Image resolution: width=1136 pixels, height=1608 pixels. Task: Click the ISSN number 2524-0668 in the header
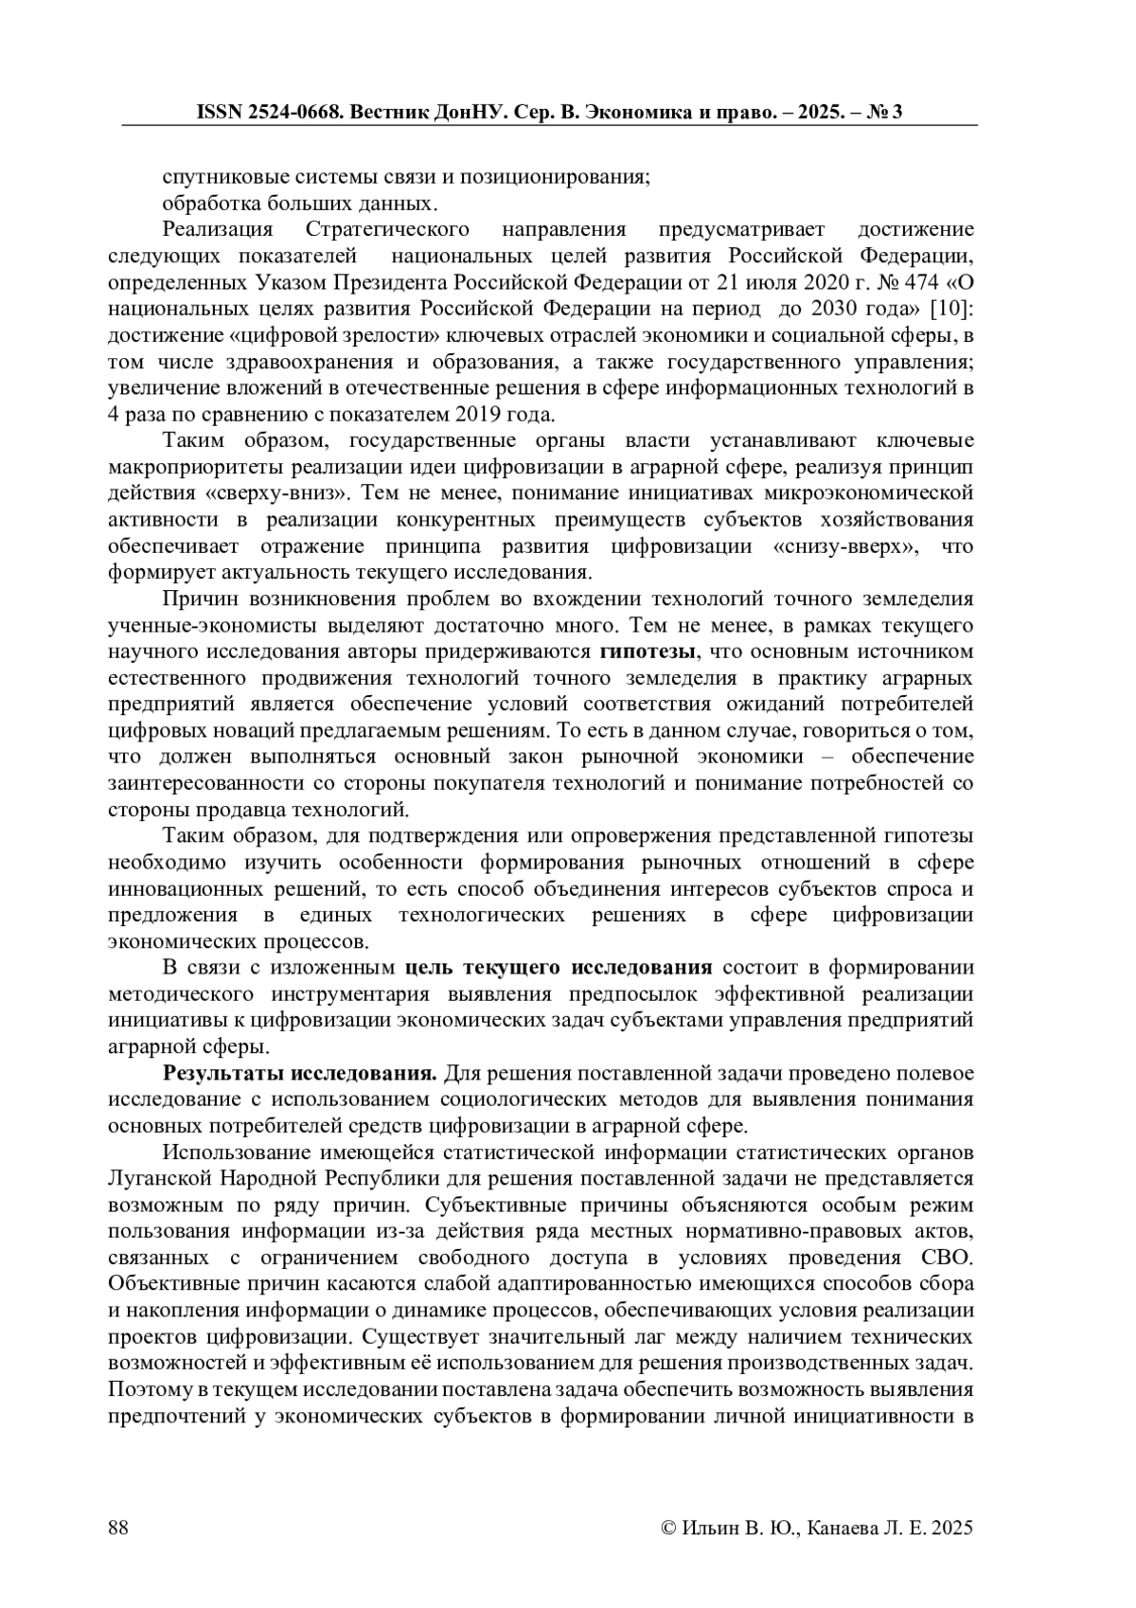click(x=290, y=112)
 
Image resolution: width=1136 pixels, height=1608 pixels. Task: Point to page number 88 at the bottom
click(x=119, y=1528)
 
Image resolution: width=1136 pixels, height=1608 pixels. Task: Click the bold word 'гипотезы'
click(x=648, y=652)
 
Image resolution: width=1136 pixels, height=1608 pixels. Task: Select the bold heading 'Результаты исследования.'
click(x=300, y=1073)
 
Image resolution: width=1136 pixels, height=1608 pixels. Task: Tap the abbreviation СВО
click(x=946, y=1258)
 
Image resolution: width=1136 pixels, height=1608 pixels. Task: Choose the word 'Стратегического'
click(x=388, y=229)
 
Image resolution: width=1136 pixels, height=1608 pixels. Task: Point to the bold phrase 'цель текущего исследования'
click(x=558, y=967)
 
